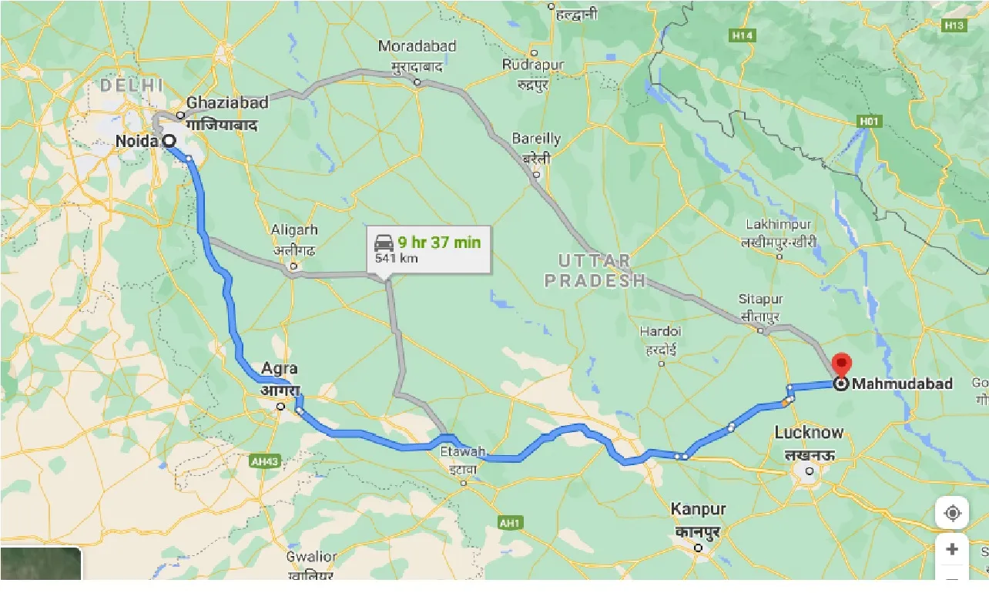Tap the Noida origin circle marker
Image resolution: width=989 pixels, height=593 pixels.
click(x=168, y=140)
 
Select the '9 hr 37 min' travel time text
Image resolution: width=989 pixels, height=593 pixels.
click(x=439, y=243)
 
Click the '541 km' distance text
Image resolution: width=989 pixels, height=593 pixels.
click(x=397, y=258)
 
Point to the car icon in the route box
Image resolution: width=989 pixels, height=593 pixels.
click(x=384, y=243)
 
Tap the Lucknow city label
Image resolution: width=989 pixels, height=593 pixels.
click(x=809, y=432)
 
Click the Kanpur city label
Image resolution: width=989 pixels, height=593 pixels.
click(x=698, y=509)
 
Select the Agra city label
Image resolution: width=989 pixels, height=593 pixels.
click(x=279, y=369)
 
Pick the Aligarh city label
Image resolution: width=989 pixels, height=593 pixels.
click(x=293, y=229)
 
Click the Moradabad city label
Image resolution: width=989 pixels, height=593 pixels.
click(x=417, y=46)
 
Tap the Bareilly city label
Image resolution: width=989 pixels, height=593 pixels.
click(x=536, y=139)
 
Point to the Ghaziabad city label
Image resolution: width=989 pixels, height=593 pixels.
click(x=227, y=102)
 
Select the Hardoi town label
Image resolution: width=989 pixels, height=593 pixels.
click(x=661, y=331)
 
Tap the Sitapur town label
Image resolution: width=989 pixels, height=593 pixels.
click(x=761, y=299)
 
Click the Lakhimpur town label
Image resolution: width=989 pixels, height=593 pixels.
click(x=779, y=224)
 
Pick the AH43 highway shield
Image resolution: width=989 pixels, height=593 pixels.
click(x=264, y=461)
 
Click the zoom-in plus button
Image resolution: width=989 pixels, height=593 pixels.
click(x=952, y=549)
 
